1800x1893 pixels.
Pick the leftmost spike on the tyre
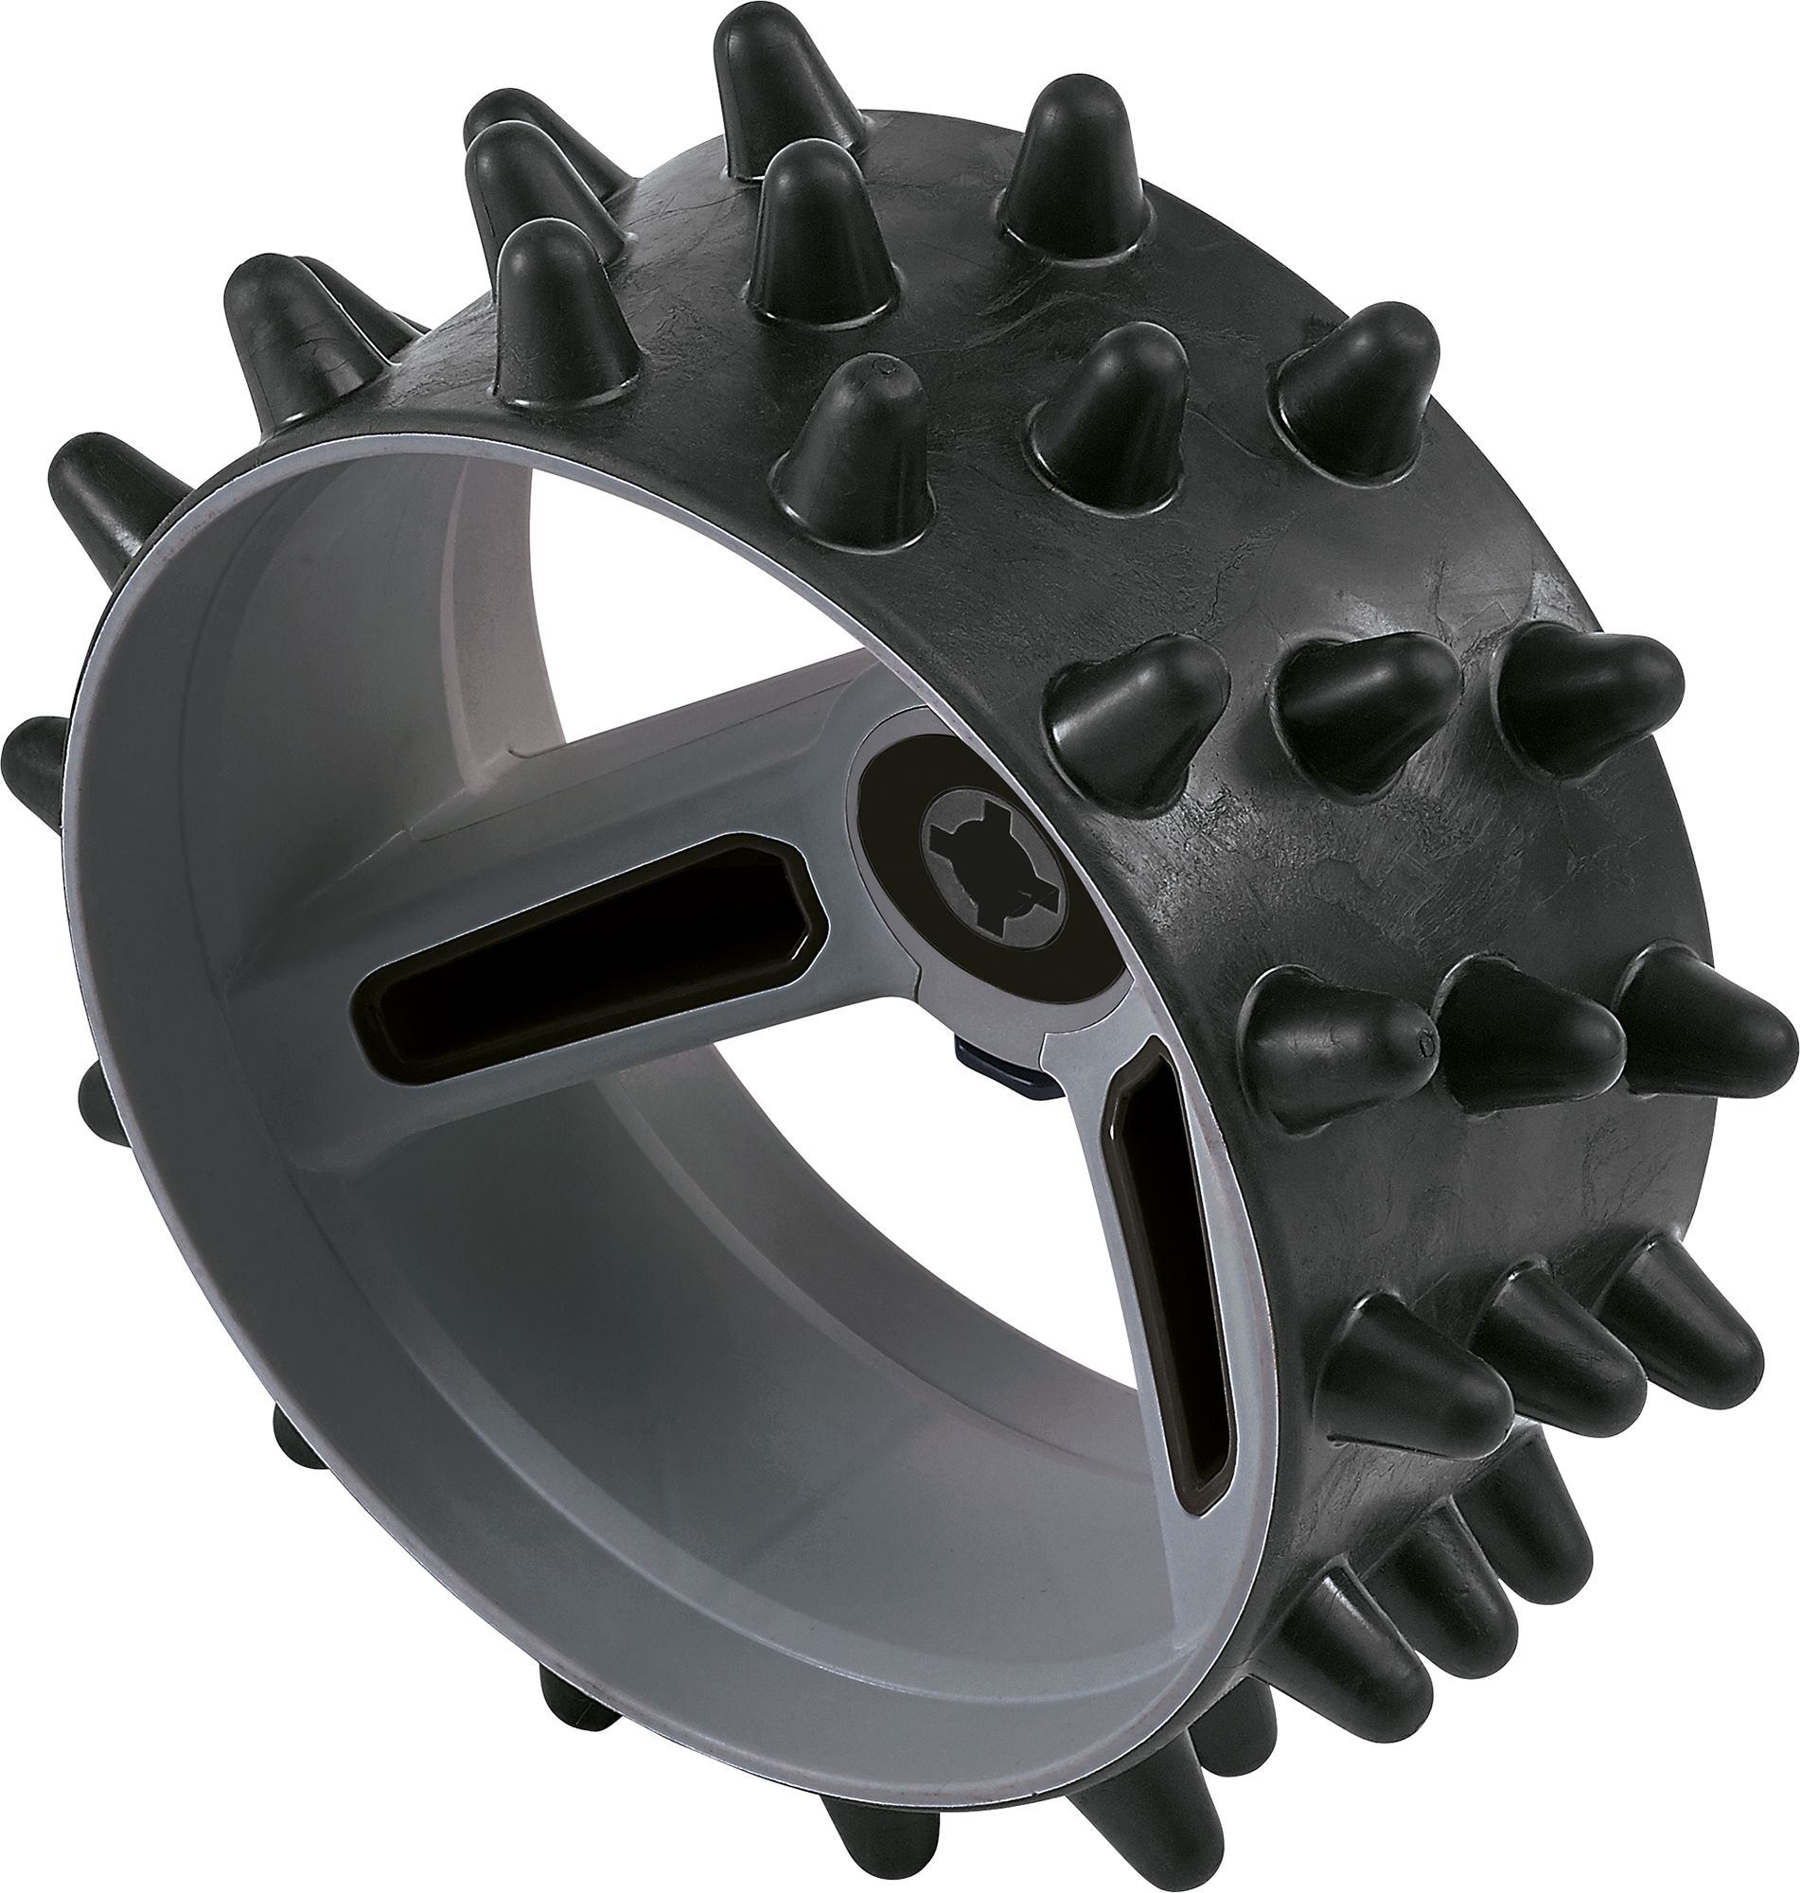33,768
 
